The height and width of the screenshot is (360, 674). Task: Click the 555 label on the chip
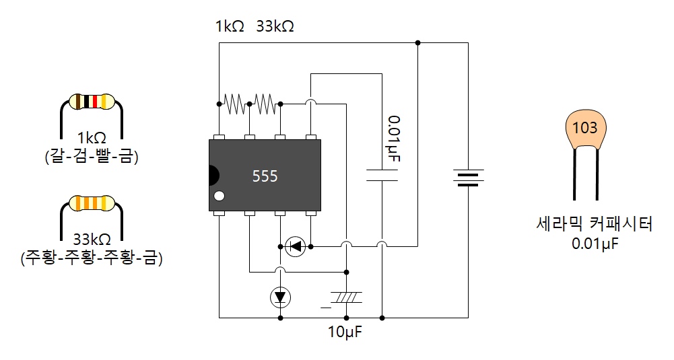click(265, 176)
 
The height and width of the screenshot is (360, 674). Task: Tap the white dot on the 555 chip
click(220, 196)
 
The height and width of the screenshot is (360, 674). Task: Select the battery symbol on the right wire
click(468, 178)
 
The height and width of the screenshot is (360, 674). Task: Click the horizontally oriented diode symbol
click(296, 246)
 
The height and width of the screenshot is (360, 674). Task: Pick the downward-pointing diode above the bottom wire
click(280, 297)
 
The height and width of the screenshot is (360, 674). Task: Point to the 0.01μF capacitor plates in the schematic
click(382, 175)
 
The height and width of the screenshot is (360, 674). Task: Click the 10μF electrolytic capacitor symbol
click(344, 297)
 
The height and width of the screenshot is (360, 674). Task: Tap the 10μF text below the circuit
click(345, 332)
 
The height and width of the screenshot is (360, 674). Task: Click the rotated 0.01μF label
click(394, 139)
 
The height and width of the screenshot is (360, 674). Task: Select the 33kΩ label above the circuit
click(275, 26)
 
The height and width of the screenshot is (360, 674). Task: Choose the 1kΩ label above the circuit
click(230, 26)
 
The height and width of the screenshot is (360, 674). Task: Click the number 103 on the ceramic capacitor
click(584, 128)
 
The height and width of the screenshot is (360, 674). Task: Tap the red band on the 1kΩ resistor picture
click(95, 102)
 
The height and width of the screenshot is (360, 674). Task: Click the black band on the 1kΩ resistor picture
click(86, 102)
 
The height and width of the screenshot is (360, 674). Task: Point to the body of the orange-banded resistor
click(92, 203)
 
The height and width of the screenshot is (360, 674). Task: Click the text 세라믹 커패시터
click(595, 223)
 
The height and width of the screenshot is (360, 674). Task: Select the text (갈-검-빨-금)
click(92, 155)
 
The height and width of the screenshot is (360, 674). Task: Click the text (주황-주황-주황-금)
click(92, 257)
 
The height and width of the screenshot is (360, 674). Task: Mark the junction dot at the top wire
click(418, 43)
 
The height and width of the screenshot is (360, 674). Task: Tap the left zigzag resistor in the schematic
click(234, 104)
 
